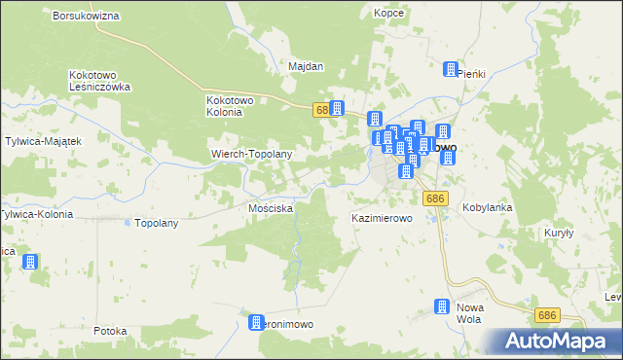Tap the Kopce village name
388,14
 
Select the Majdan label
306,67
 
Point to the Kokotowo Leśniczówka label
100,81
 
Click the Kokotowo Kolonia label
230,105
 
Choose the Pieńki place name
471,74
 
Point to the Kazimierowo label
383,219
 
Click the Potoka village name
111,331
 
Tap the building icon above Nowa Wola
440,306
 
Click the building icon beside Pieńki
451,69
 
